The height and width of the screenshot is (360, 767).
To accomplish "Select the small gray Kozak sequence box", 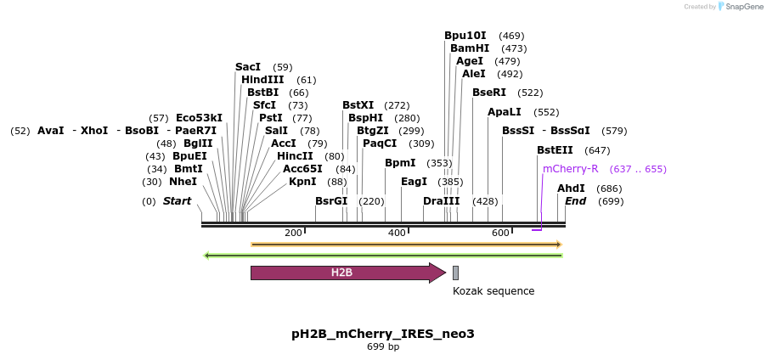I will pos(455,273).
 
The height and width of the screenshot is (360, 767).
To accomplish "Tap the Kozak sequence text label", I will pos(493,291).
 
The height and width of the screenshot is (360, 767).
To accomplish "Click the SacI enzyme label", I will pos(248,67).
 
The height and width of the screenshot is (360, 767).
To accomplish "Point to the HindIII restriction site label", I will pos(262,80).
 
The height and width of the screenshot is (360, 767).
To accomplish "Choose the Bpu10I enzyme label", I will pos(465,36).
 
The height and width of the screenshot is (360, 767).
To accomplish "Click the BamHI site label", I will pos(470,48).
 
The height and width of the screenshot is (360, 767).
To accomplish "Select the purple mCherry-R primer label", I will pos(570,169).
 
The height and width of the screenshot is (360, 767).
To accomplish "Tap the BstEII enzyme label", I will pos(555,150).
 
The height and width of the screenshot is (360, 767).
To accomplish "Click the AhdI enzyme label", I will pos(571,188).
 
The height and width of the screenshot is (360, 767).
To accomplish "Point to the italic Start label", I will pos(177,201).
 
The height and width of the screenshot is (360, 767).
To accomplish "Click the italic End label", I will pos(575,201).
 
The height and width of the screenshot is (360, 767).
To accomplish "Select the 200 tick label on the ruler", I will pos(293,233).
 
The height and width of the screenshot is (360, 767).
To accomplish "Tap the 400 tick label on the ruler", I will pos(397,233).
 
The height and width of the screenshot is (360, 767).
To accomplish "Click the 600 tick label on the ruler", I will pos(499,233).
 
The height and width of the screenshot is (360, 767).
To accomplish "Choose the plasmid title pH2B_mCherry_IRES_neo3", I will pos(382,334).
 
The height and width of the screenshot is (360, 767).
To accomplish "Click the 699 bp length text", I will pos(383,347).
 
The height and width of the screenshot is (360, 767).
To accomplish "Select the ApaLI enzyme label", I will pos(505,112).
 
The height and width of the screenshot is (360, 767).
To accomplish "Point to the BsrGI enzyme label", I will pos(331,201).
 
